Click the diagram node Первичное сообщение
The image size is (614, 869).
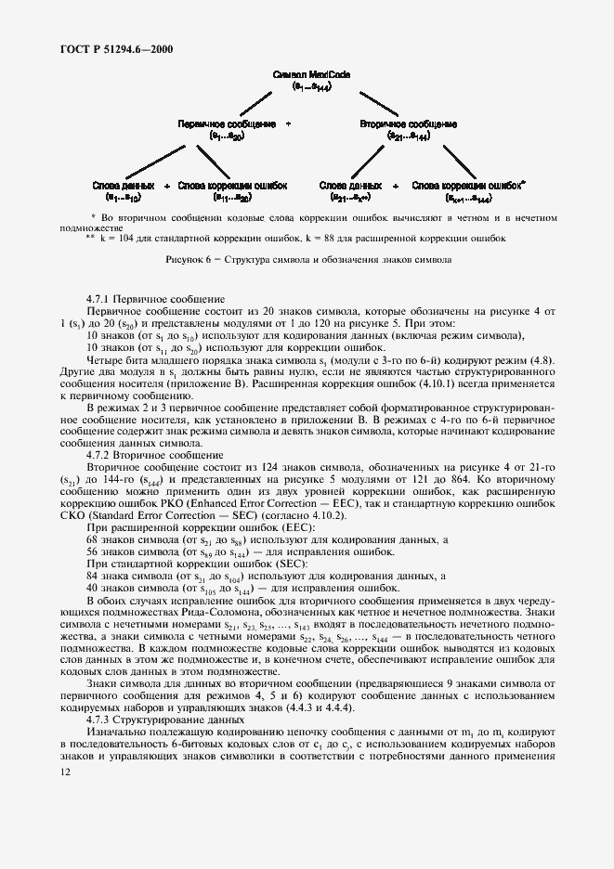227,123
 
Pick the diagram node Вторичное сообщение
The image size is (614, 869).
407,123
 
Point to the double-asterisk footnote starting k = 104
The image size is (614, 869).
297,238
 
